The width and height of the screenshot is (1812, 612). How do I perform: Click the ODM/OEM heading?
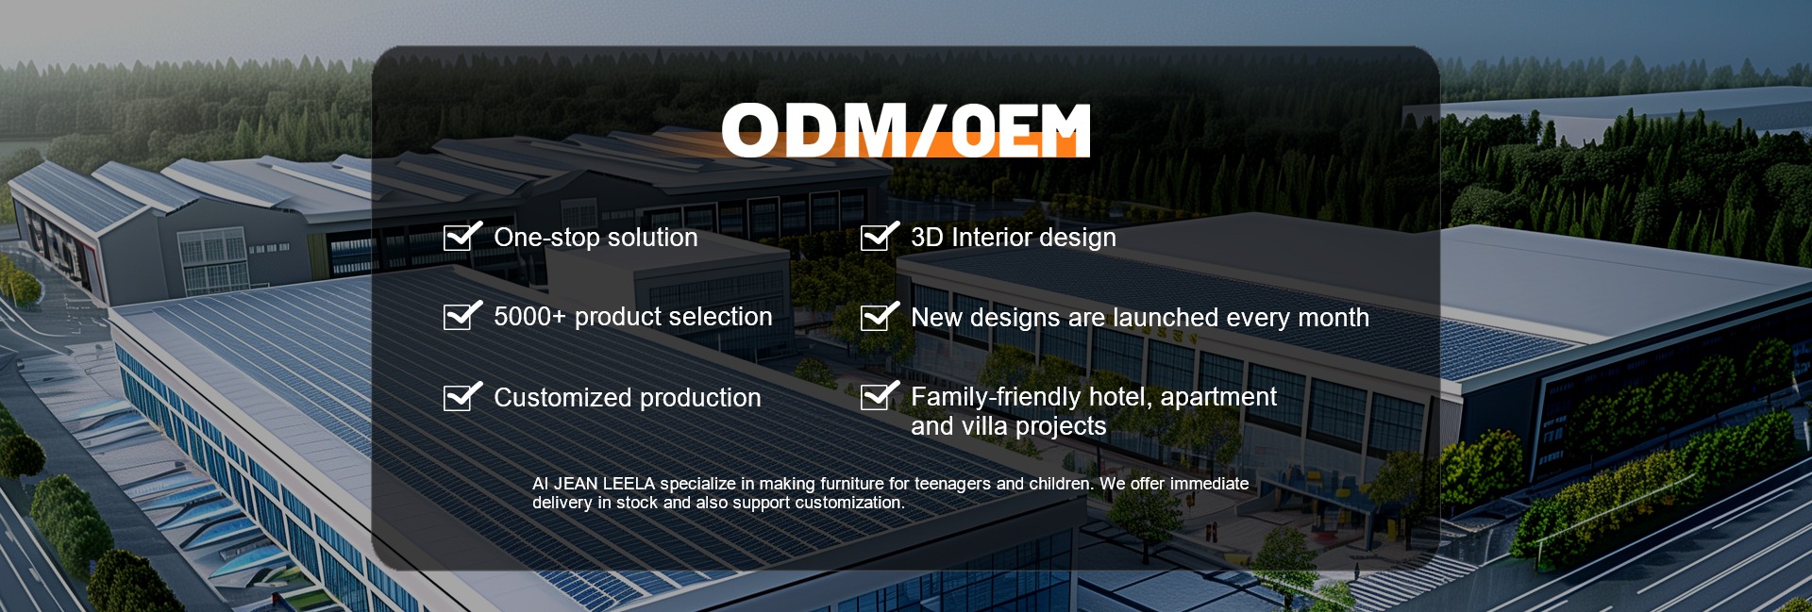coord(906,130)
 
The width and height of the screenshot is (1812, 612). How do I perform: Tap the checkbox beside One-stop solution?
coord(462,236)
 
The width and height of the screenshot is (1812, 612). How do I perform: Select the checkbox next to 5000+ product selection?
coord(462,315)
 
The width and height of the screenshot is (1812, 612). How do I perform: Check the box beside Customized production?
coord(462,396)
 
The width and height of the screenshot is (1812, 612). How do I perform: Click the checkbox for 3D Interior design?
coord(880,236)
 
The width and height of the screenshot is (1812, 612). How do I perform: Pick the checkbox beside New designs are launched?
coord(880,316)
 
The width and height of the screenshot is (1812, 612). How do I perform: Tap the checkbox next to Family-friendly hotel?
coord(880,396)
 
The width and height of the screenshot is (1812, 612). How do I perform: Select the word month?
coord(1334,318)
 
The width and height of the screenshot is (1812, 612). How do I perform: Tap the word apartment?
coord(1218,398)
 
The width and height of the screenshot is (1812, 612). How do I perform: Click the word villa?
coord(983,426)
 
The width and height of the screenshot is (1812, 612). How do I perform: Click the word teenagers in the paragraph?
coord(952,485)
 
